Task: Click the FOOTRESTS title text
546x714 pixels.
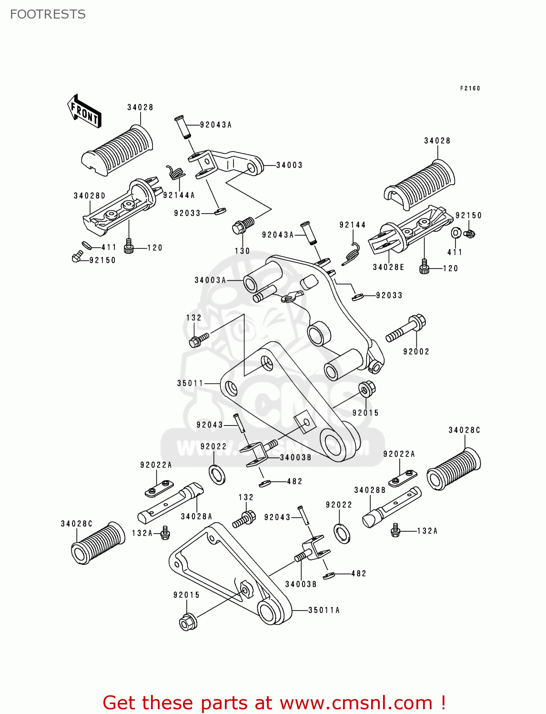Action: tap(48, 14)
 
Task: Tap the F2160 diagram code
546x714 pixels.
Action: tap(470, 89)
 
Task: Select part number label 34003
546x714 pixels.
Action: tap(289, 165)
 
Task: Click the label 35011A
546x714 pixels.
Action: tap(324, 610)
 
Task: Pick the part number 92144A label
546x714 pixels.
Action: tap(179, 195)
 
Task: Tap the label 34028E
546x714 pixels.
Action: tap(388, 268)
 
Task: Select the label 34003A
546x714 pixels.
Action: tap(210, 280)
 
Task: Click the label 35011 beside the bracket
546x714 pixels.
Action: tap(190, 383)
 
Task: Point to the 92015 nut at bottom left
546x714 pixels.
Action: tap(187, 622)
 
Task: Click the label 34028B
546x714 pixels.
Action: tap(370, 490)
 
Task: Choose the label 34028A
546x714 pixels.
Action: tap(196, 516)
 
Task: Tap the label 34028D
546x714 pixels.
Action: tap(90, 196)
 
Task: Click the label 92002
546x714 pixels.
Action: tap(416, 352)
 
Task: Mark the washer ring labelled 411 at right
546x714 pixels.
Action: tap(455, 233)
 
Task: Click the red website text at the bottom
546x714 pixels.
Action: tap(274, 703)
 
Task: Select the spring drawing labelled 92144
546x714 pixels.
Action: tap(353, 251)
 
